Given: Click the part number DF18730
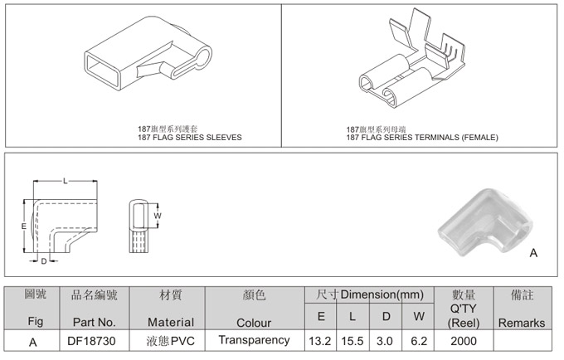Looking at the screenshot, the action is tap(91, 341).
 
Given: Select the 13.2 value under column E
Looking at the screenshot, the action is tap(320, 341).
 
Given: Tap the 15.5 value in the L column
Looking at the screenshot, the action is tap(352, 341).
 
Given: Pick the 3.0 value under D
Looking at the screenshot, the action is tap(385, 341).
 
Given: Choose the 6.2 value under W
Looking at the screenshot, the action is tap(419, 341).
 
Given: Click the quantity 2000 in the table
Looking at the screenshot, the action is tap(464, 341).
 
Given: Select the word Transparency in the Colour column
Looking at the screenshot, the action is tap(254, 340).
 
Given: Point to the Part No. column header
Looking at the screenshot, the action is tap(95, 322).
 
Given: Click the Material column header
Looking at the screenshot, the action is tap(171, 322).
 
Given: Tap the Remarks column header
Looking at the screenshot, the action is tap(522, 323).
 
